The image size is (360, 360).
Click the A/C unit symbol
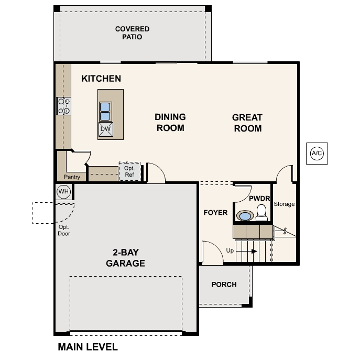coord(317,154)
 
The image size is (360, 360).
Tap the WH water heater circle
coord(63,192)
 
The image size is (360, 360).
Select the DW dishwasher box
coord(105,129)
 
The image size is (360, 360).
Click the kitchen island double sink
coord(105,111)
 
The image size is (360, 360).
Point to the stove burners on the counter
coord(64,106)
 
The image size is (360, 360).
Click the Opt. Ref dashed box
coord(129,171)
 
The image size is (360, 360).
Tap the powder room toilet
coord(261,212)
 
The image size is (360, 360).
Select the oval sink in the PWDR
coord(244,215)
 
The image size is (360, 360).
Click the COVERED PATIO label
coord(132,33)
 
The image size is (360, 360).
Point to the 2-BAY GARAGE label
coord(125,258)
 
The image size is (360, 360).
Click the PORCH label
coord(224,285)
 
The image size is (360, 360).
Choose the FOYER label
coord(215,212)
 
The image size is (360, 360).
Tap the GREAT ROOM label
coord(247,123)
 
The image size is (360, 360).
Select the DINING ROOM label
coord(170,122)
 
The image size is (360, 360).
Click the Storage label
coord(284,204)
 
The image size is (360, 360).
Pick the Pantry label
coord(72,177)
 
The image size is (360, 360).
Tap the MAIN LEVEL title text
coord(88,347)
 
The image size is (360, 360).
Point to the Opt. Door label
coord(64,230)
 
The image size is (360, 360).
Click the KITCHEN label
coord(101,79)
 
